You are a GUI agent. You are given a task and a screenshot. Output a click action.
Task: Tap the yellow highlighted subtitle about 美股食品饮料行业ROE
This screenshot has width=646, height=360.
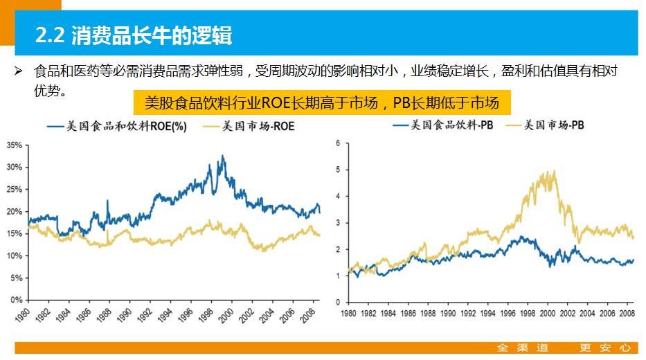coord(322,103)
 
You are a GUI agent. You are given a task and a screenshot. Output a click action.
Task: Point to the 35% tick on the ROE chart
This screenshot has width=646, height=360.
coord(14,145)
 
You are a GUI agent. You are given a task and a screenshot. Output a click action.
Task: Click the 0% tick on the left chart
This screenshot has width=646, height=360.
coord(16,300)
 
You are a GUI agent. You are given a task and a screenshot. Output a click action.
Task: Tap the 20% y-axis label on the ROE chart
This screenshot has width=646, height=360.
coord(14,212)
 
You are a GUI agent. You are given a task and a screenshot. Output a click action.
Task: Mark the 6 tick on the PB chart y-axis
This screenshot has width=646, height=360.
coord(339,143)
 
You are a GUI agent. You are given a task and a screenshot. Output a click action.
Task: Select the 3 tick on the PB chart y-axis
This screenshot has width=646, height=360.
coord(339,223)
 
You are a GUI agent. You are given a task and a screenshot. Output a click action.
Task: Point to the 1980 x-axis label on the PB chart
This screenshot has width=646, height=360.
coord(350,314)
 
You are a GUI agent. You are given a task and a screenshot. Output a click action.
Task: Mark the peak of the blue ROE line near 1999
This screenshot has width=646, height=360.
coord(222,156)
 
